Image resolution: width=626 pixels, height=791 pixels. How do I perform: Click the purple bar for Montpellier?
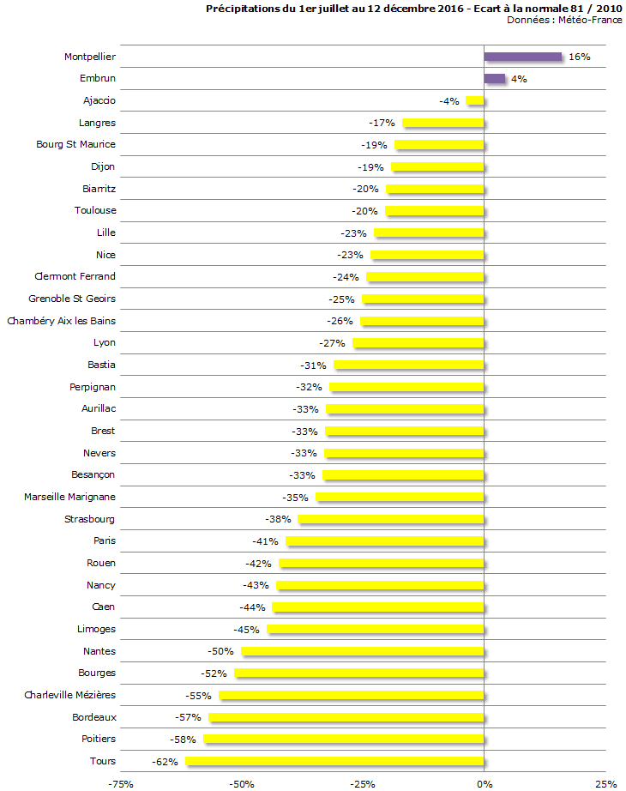tap(523, 57)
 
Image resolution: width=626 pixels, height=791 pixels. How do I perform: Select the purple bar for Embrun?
tap(495, 78)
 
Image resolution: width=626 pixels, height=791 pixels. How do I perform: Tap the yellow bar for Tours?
tap(334, 761)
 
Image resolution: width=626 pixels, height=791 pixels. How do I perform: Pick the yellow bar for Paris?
tap(385, 541)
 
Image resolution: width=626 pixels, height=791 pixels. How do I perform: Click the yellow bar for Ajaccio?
tap(475, 100)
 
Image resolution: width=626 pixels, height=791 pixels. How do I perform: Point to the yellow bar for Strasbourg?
tap(391, 519)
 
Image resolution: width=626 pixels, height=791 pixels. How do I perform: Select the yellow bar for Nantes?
tap(363, 651)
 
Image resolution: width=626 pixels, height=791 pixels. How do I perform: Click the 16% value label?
tap(580, 57)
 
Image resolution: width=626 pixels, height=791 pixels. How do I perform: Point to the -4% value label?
tap(449, 101)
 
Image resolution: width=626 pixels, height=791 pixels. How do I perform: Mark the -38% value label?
tap(277, 519)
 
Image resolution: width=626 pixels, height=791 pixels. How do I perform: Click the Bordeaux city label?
tap(94, 717)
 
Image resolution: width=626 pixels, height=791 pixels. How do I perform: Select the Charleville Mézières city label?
tap(69, 695)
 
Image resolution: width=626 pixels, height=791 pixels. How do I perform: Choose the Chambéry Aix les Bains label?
tap(61, 321)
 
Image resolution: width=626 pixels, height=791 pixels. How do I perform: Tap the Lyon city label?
tap(104, 343)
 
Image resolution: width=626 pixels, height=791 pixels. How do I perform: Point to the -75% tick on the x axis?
tap(120, 783)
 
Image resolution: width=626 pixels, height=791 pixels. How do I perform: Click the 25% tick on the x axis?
tap(606, 783)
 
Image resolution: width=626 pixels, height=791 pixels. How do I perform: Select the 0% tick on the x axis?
tap(485, 783)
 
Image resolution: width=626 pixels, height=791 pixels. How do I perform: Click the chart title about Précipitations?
tap(414, 9)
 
